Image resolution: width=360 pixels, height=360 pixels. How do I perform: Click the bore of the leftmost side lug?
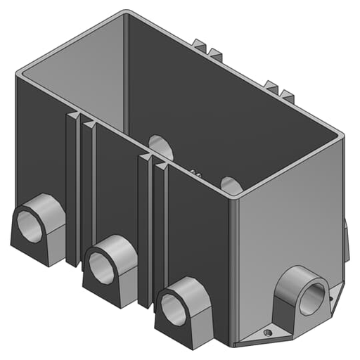click(x=30, y=226)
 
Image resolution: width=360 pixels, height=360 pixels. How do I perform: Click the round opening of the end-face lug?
click(x=311, y=297)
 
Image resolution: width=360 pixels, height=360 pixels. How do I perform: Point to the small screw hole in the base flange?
click(x=267, y=333)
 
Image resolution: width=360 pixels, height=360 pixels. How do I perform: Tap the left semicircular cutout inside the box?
click(x=161, y=146)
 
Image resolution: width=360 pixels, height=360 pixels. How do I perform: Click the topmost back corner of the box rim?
click(x=127, y=13)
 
